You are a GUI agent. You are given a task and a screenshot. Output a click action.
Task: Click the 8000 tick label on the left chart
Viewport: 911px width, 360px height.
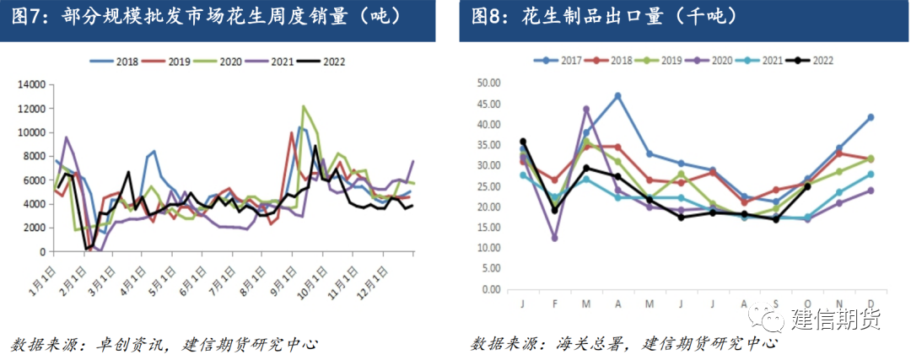click(32, 157)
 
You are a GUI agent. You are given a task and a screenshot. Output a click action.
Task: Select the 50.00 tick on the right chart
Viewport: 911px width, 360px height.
click(488, 83)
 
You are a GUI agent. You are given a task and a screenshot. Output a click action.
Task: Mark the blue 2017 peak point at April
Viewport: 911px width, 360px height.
click(617, 95)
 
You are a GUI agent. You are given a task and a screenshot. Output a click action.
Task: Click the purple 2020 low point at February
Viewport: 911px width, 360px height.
click(554, 238)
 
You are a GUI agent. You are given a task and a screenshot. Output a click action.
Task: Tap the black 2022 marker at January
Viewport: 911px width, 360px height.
click(523, 142)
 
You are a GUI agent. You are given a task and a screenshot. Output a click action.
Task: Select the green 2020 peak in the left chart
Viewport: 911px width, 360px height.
click(303, 106)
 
